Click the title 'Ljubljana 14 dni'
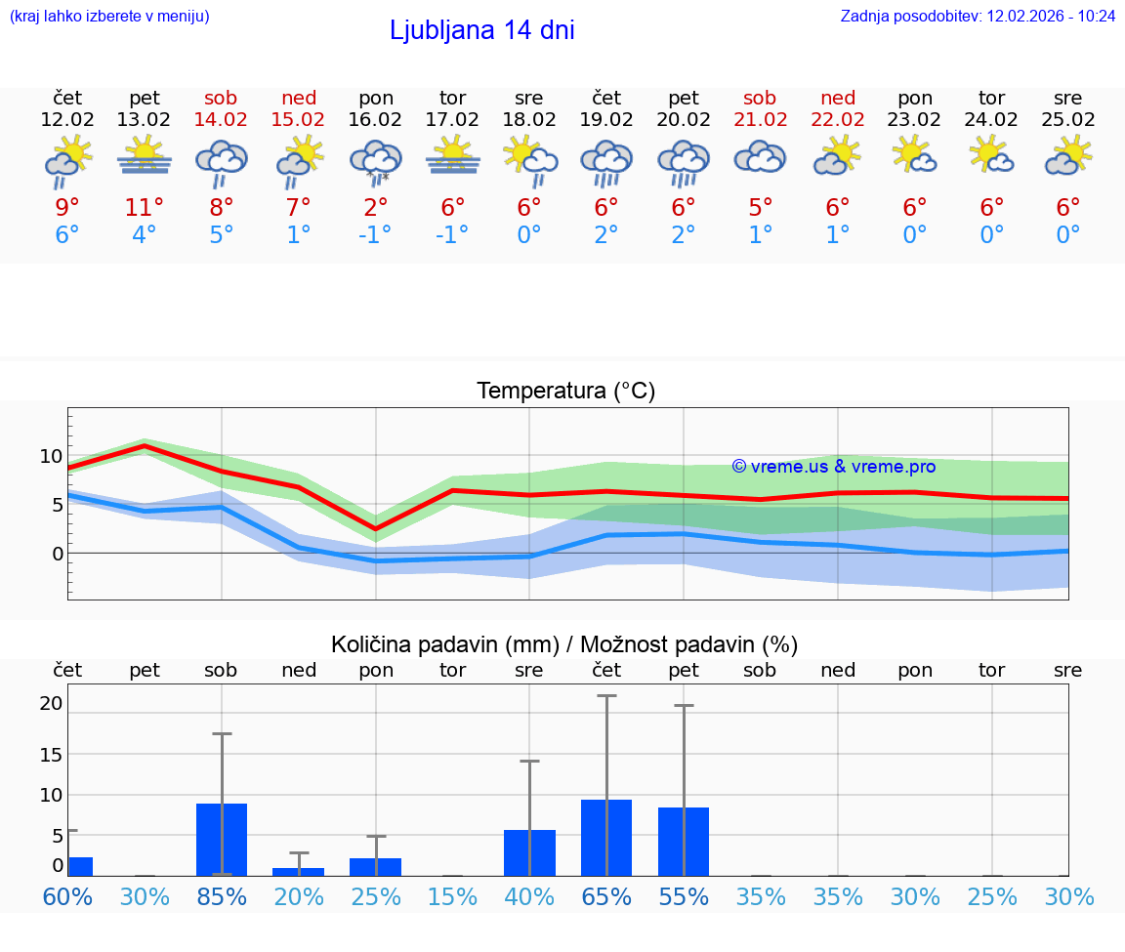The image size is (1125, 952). tap(481, 30)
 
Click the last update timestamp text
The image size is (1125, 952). tap(978, 17)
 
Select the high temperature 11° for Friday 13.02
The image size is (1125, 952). tap(144, 208)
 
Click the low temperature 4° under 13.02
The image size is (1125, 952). tap(144, 235)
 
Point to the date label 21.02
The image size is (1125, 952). tap(760, 120)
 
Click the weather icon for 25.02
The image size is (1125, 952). tap(1068, 155)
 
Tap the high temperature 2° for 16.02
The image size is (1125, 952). tap(376, 208)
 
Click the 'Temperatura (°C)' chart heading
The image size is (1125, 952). tap(565, 392)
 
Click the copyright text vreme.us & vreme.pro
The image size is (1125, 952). tap(834, 467)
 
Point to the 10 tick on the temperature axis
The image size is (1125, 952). tap(51, 456)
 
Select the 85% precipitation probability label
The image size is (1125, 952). tap(222, 897)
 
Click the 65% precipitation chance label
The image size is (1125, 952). tap(606, 897)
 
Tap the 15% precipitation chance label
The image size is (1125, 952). tap(453, 897)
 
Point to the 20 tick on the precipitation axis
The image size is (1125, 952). tap(51, 703)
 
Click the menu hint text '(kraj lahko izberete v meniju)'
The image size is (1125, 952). tap(109, 17)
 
